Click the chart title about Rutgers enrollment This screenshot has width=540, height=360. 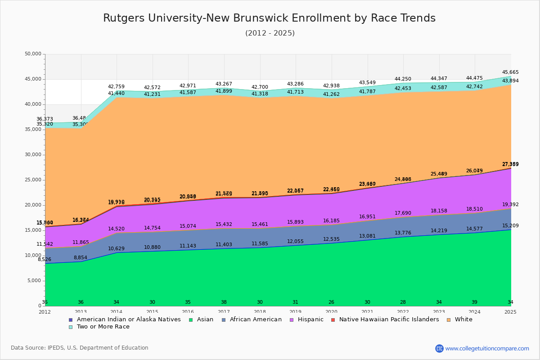269,18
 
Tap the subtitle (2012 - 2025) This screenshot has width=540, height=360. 270,33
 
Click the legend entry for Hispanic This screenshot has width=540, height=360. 307,319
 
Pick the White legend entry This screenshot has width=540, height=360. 463,319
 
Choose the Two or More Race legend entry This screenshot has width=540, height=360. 103,327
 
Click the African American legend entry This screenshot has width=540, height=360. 255,319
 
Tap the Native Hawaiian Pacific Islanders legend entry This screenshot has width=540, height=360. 389,319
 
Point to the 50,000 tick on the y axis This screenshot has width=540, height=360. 32,54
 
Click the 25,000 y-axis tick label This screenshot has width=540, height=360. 32,180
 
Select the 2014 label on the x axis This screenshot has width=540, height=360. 116,312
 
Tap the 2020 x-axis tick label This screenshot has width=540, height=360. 331,312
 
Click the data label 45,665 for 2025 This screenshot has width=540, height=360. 510,72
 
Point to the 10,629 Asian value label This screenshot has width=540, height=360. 116,248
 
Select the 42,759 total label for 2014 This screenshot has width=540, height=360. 116,86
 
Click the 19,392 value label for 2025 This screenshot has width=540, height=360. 510,204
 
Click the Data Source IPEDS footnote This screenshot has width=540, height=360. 80,348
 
